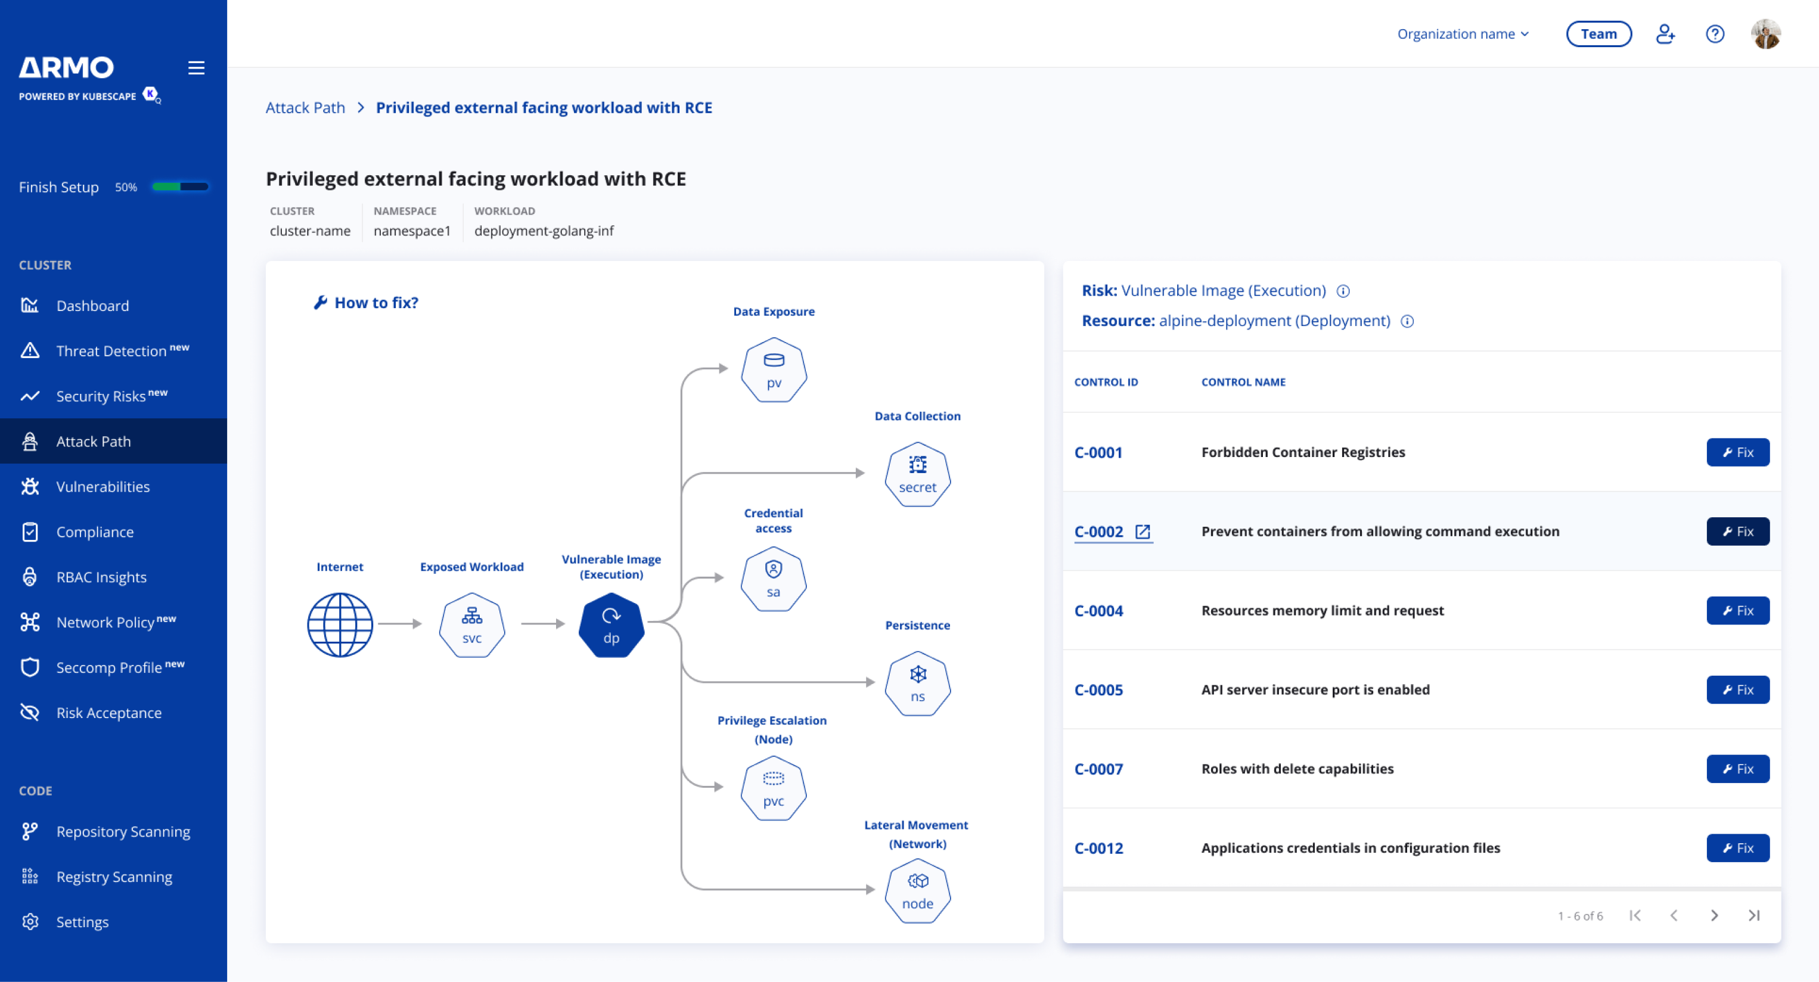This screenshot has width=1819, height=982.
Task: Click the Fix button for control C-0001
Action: [x=1738, y=452]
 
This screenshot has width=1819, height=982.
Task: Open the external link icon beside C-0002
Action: [x=1143, y=532]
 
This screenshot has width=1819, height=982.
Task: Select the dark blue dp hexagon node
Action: [x=611, y=626]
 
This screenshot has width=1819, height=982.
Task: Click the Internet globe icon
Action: [x=340, y=625]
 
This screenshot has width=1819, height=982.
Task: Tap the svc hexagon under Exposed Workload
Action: [x=471, y=626]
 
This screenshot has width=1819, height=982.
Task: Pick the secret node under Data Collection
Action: [x=917, y=474]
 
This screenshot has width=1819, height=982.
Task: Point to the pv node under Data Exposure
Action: [x=774, y=370]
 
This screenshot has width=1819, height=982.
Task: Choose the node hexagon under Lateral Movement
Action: [x=917, y=891]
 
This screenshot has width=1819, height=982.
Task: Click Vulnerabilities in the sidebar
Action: [x=103, y=486]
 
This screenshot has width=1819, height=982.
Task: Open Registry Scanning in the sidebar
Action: [x=114, y=877]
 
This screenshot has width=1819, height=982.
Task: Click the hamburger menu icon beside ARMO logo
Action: [x=196, y=68]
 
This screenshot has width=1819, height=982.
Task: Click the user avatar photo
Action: [x=1765, y=34]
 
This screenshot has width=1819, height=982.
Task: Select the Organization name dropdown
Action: [x=1463, y=34]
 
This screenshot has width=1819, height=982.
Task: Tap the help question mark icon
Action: [x=1715, y=34]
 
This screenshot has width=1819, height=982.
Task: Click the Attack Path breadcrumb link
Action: [x=305, y=107]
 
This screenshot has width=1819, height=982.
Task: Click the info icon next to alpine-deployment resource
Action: [x=1407, y=321]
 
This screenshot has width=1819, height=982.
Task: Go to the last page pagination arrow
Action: [x=1754, y=916]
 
